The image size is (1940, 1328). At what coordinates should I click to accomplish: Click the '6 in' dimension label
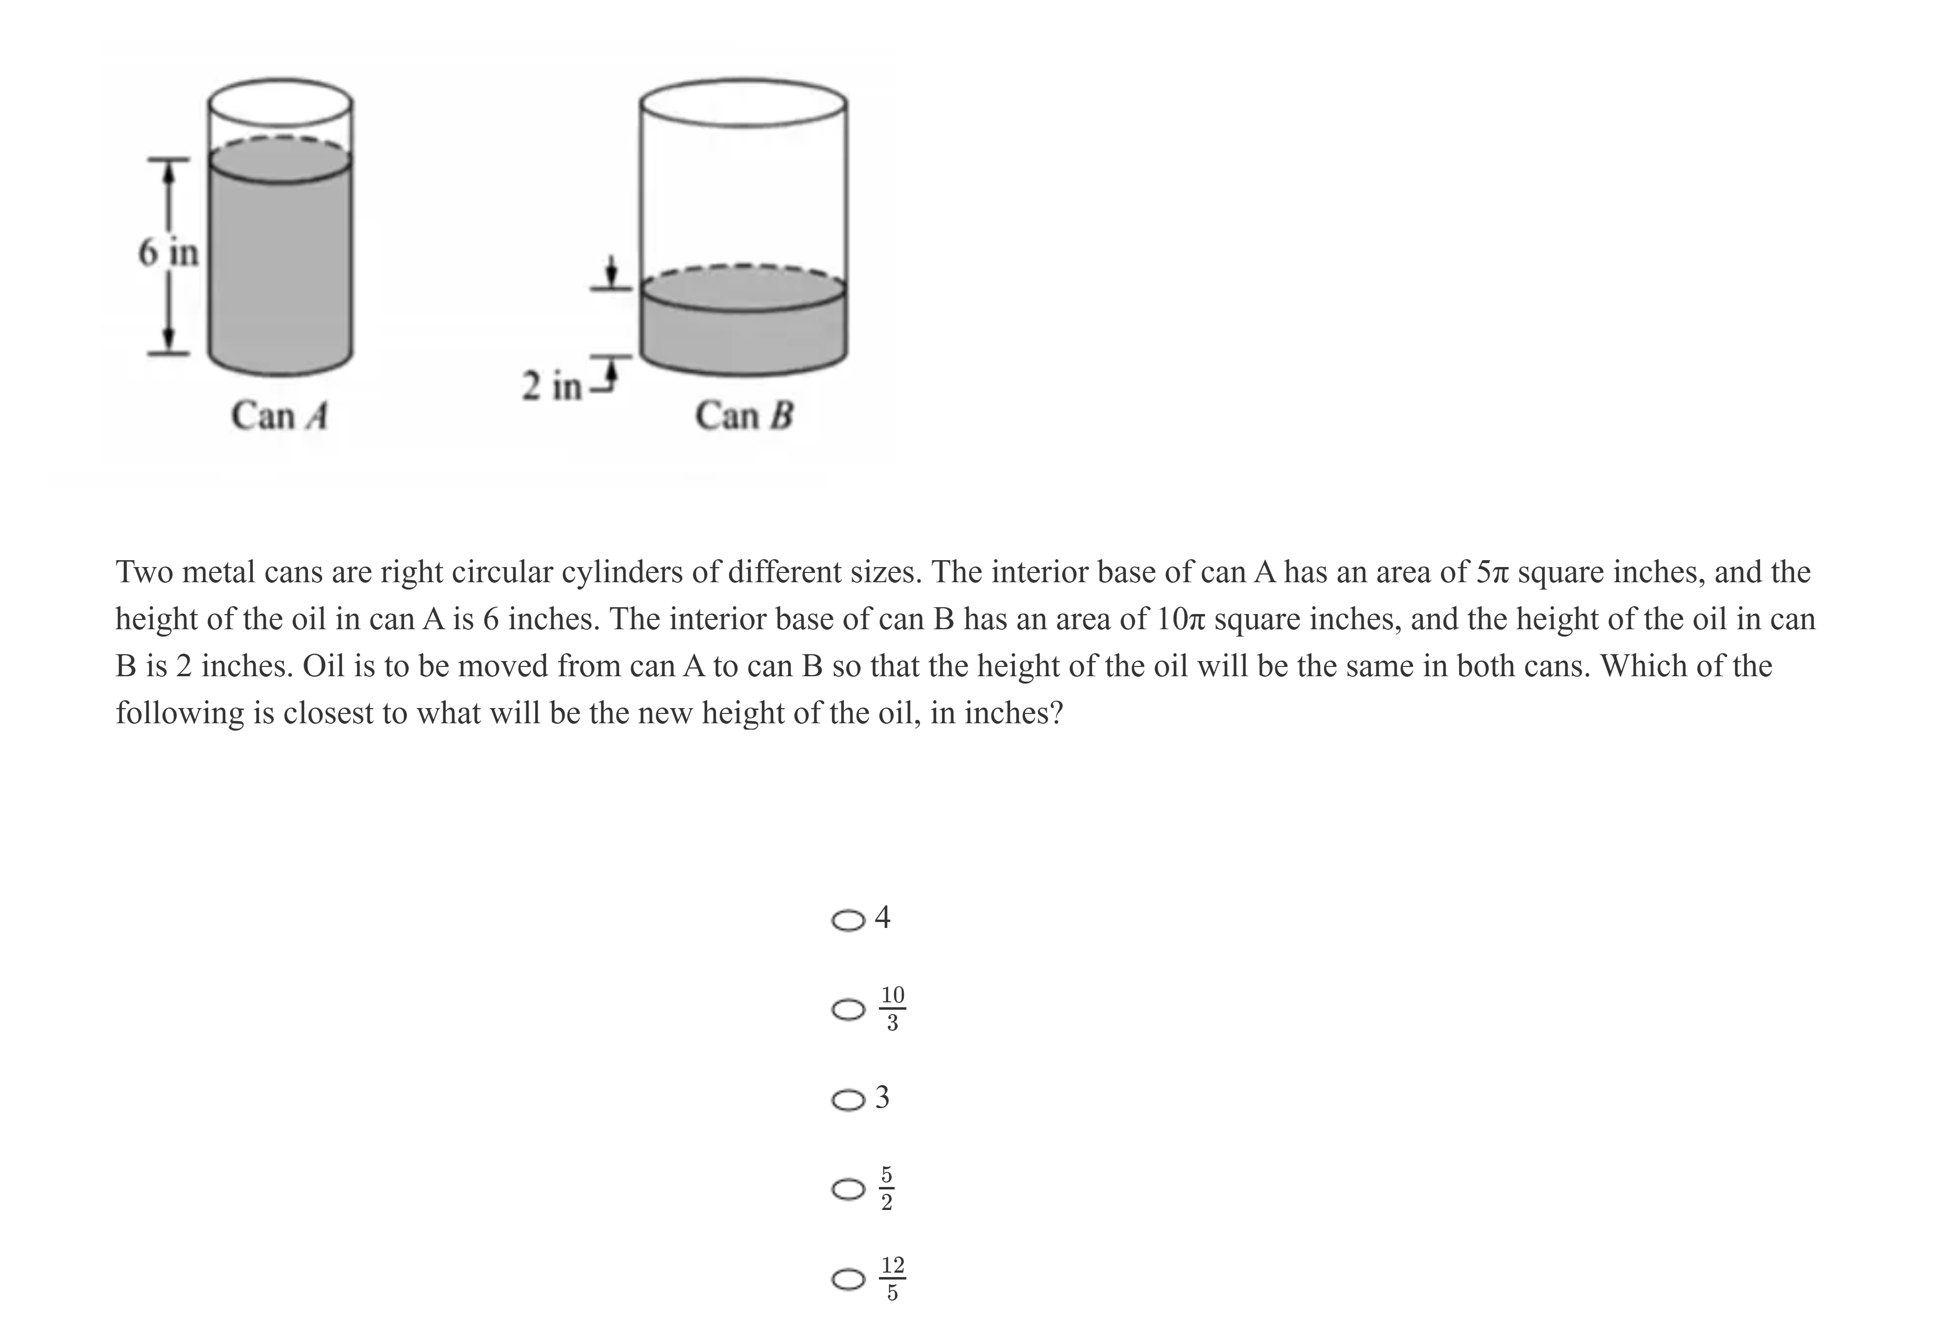point(168,251)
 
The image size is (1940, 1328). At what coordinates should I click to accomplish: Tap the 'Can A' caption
point(279,415)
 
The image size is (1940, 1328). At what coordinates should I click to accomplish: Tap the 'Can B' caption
point(744,415)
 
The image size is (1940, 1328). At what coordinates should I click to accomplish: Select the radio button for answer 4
point(848,920)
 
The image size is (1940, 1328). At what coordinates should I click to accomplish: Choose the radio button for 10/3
point(848,1010)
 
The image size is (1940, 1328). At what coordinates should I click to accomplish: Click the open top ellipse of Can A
point(280,102)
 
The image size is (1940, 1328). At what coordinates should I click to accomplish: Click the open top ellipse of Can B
point(743,103)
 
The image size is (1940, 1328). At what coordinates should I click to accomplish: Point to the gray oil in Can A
point(280,267)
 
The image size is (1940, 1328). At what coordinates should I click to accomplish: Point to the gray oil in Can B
point(743,338)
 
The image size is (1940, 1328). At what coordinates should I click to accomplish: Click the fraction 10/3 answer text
point(892,1008)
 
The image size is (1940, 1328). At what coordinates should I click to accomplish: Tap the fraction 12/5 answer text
point(892,1279)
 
